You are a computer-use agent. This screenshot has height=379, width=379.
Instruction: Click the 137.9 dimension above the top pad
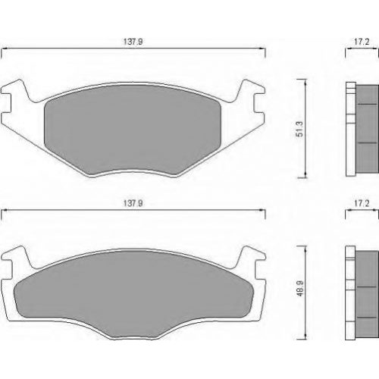[133, 42]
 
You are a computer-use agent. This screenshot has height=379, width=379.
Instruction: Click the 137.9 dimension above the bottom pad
[133, 203]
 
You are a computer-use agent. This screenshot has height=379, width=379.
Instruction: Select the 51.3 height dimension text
[299, 129]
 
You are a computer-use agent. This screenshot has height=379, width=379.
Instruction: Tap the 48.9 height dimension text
[299, 288]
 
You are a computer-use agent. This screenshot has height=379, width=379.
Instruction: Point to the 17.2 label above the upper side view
[362, 42]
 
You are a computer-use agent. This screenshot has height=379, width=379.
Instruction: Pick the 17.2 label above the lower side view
[362, 203]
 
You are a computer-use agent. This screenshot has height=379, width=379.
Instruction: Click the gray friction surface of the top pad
[133, 129]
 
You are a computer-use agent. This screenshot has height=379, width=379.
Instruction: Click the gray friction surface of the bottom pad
[133, 290]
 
